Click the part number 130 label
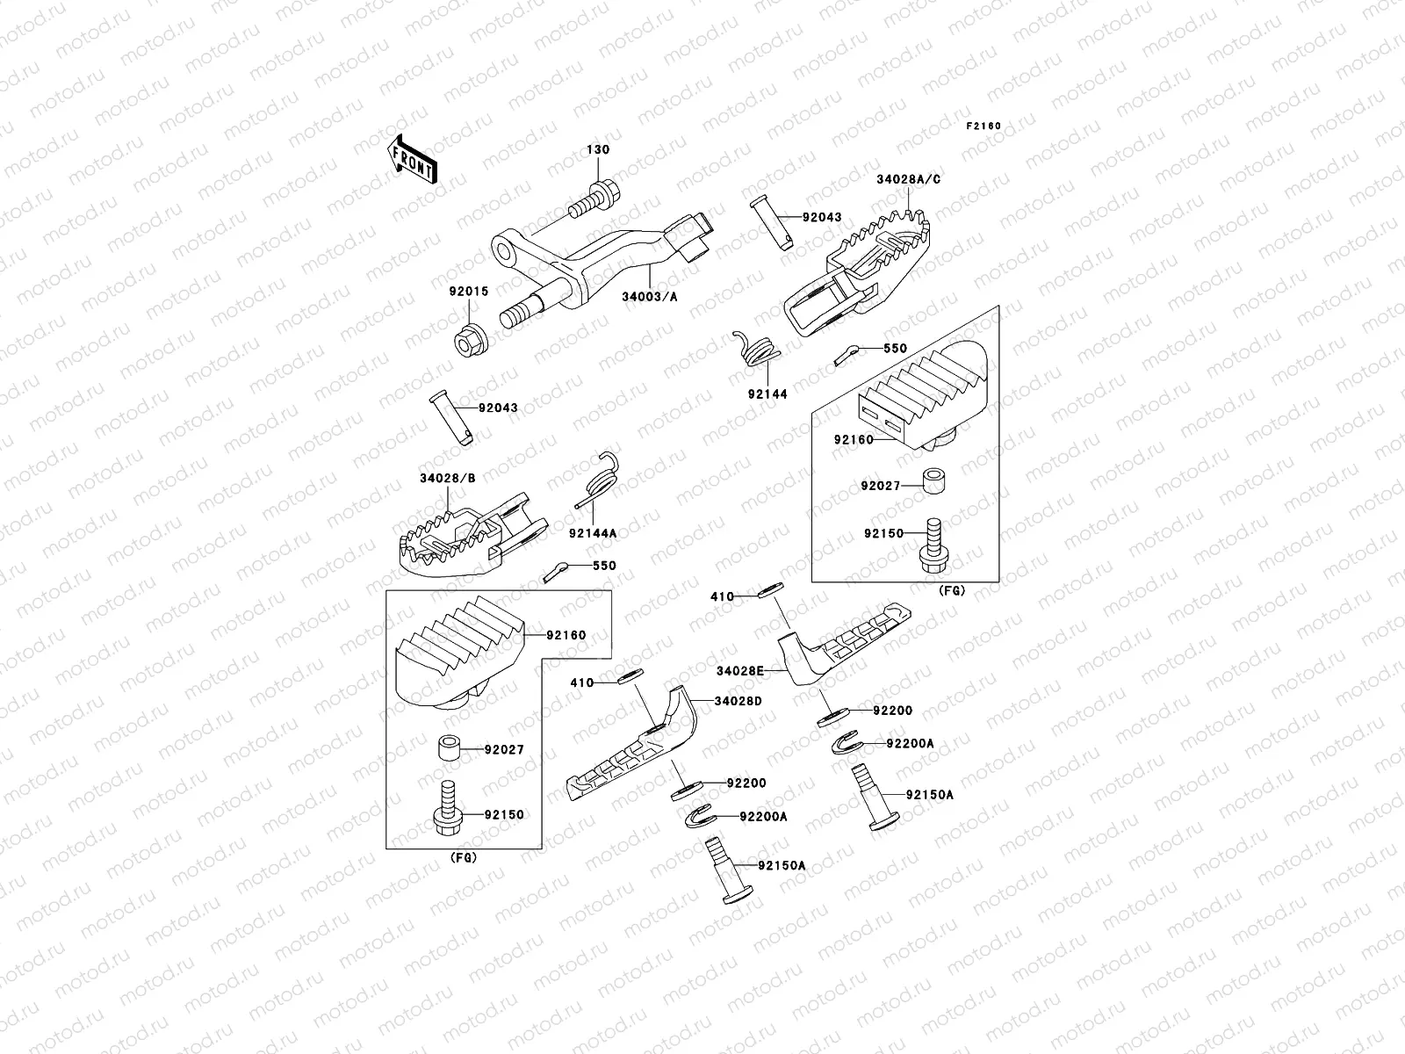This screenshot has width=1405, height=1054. (598, 150)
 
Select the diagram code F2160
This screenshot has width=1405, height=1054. (983, 126)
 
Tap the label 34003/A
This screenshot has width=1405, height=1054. (651, 297)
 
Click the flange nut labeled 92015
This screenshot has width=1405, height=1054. (466, 336)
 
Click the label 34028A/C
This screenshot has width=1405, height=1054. (908, 179)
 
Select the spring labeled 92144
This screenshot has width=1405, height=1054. (757, 348)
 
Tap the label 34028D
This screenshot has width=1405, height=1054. (738, 701)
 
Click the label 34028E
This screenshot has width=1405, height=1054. (739, 670)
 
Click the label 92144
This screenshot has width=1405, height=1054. (767, 394)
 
